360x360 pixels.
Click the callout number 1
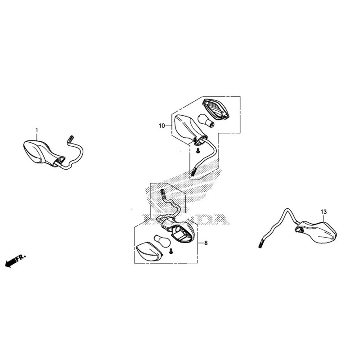point(37,130)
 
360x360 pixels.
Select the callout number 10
point(162,126)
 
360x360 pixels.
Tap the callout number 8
point(206,243)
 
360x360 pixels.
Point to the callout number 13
point(324,211)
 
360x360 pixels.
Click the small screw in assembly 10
point(198,151)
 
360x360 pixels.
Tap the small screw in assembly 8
point(171,251)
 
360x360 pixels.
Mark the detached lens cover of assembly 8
point(149,252)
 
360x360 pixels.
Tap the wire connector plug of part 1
point(70,139)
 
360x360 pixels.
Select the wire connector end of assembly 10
point(193,172)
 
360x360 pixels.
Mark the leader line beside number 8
point(200,243)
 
